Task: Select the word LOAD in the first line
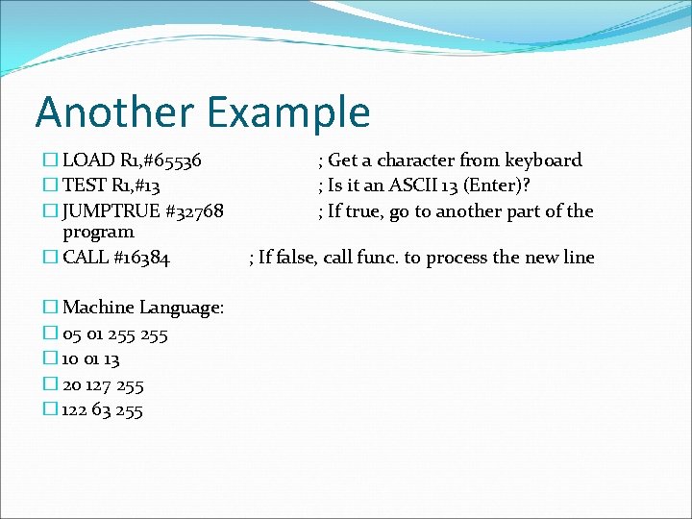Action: (x=85, y=161)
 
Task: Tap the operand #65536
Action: (x=170, y=161)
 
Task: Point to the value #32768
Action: (x=195, y=210)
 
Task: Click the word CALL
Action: (x=84, y=257)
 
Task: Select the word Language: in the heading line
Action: (x=182, y=308)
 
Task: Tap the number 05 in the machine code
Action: (x=72, y=334)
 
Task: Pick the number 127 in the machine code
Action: (x=99, y=385)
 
